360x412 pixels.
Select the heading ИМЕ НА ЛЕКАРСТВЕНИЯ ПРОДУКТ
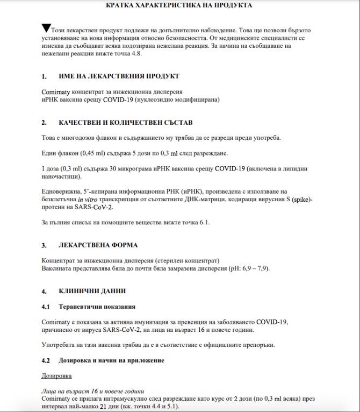coord(119,77)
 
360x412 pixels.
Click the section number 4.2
coord(46,359)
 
